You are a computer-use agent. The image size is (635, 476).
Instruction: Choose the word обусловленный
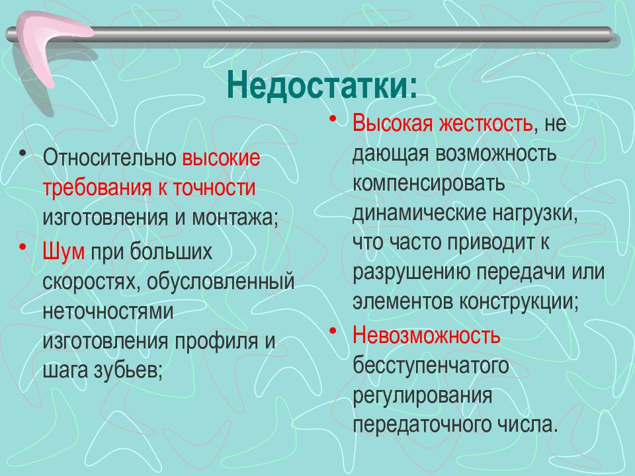tap(222, 280)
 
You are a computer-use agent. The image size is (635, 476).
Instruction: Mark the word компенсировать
tap(429, 183)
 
